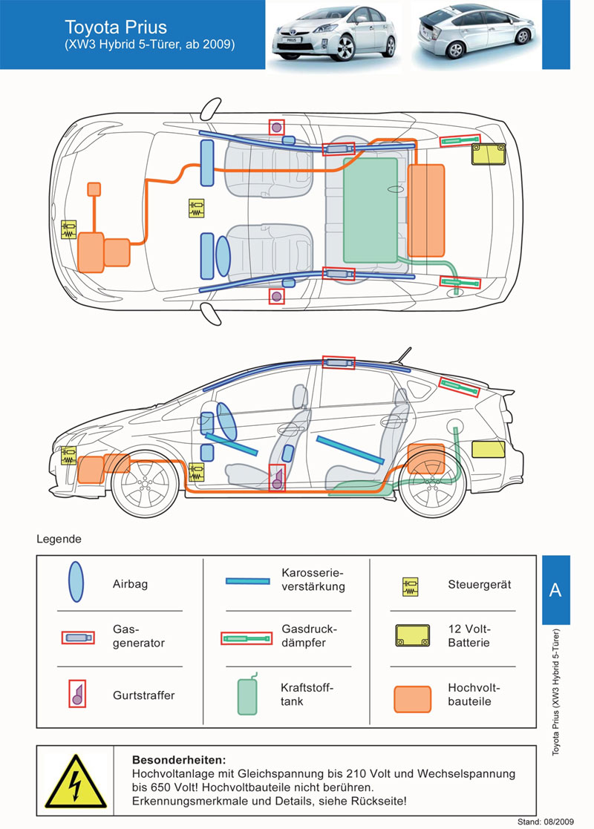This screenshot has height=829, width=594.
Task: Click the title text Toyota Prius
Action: point(115,27)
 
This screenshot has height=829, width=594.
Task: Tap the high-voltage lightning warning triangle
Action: point(76,782)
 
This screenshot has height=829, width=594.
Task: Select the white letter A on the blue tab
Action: point(555,589)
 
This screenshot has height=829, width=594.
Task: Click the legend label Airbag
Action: point(130,584)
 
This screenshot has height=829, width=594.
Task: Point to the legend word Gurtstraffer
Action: point(143,695)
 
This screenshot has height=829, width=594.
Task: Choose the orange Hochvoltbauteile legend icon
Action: point(413,699)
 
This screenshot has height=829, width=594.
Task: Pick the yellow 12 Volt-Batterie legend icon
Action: point(413,635)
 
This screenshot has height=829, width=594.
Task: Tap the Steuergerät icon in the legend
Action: point(411,587)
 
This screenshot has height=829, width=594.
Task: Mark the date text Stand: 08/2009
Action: point(545,822)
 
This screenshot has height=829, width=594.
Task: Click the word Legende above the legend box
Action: point(59,540)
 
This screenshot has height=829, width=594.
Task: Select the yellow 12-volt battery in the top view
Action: point(489,154)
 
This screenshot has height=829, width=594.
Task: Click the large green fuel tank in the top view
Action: point(371,210)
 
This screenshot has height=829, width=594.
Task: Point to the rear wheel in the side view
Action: point(433,483)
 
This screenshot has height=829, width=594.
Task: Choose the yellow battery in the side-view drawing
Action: point(489,449)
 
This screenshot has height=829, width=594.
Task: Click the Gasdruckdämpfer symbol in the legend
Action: point(247,639)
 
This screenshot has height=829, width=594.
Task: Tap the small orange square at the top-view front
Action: point(94,189)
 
